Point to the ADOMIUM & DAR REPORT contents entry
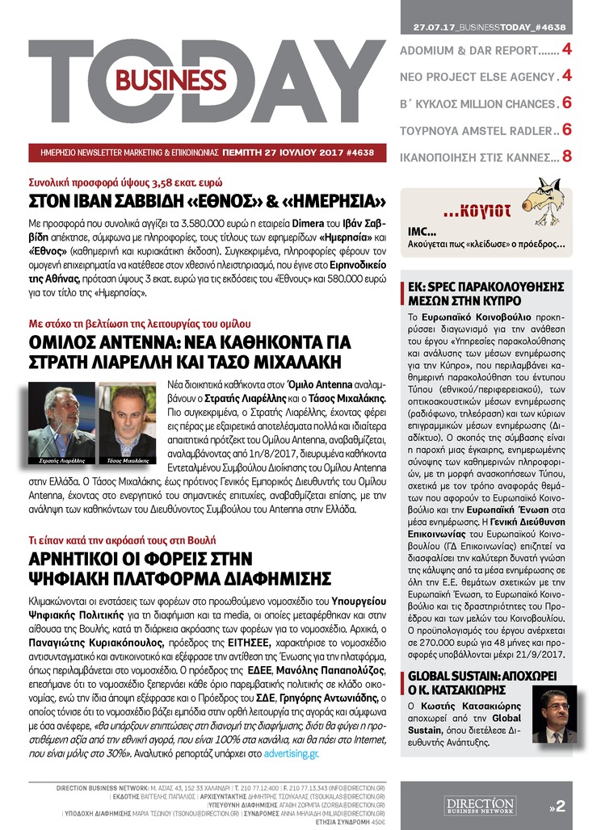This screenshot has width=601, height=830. click(480, 51)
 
